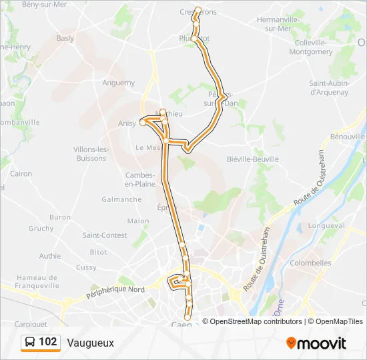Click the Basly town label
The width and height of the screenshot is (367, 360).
65,38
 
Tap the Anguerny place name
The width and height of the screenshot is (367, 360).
119,83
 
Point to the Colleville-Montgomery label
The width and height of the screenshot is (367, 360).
304,47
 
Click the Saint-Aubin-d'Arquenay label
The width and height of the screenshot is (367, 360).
328,88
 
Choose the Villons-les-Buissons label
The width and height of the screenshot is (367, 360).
91,153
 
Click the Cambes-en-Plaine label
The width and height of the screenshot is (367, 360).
140,179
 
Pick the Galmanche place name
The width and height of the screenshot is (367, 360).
121,199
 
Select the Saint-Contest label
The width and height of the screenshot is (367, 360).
105,235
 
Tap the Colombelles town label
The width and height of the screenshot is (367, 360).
311,263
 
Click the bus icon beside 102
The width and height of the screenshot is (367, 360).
30,343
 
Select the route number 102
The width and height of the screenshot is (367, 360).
48,342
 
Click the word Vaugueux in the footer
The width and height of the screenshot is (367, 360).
91,343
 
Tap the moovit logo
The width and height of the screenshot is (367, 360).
316,343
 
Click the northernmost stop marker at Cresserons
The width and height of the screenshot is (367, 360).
198,9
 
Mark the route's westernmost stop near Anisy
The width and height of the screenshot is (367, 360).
142,122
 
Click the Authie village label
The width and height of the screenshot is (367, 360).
50,255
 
